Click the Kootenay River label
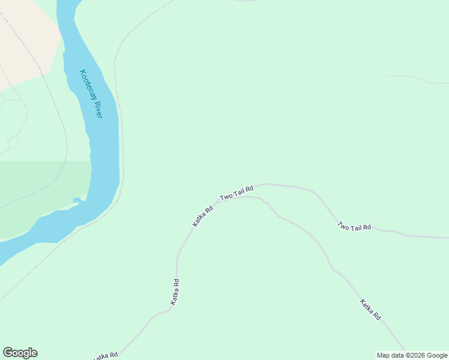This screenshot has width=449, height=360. coord(91,94)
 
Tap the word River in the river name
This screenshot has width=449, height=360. coord(96,107)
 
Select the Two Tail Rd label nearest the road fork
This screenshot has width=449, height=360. coord(237,193)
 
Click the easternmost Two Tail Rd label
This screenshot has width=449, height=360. coord(354,227)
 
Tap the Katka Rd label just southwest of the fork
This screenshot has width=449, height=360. coord(203,217)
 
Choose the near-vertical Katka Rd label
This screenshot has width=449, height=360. coord(175,292)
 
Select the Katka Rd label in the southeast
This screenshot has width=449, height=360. coord(370,309)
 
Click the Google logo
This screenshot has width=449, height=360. coord(20,353)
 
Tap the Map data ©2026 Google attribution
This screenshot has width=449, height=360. coord(412,355)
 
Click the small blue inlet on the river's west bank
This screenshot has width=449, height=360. coord(77,200)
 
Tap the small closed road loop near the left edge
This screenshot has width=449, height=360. coord(13,142)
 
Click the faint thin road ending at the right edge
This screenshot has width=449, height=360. coord(414,79)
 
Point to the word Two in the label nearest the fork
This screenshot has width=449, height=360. coord(226,196)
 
